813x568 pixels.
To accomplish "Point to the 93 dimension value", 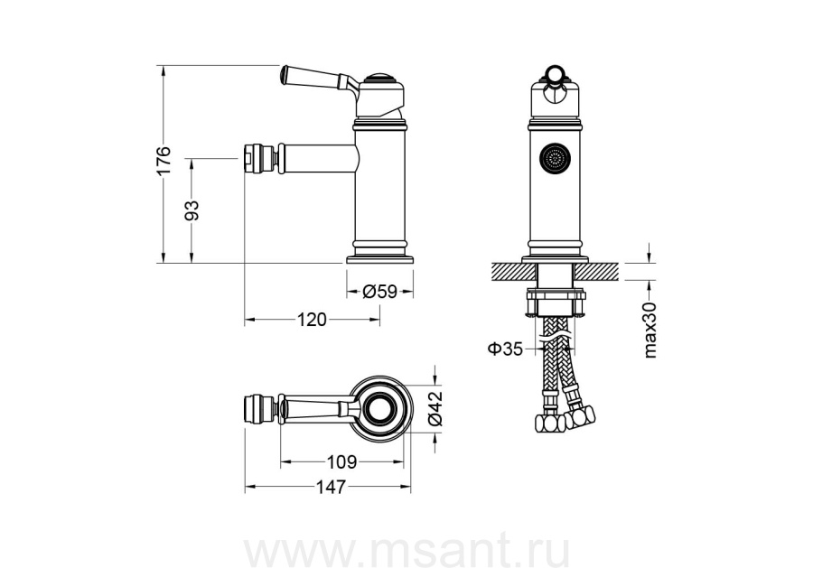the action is pos(192,210).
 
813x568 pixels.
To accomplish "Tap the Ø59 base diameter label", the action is pos(380,293).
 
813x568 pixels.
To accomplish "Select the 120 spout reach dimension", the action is pos(313,320).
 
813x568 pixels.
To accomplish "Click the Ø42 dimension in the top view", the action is pos(435,408).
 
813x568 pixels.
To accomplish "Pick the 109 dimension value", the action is pos(342,461).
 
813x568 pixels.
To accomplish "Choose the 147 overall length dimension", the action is pos(331,487).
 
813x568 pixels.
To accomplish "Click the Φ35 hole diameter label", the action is pos(504,349).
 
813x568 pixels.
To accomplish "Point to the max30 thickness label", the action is pos(649,331).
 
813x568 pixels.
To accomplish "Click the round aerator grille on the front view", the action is pos(555,157).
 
